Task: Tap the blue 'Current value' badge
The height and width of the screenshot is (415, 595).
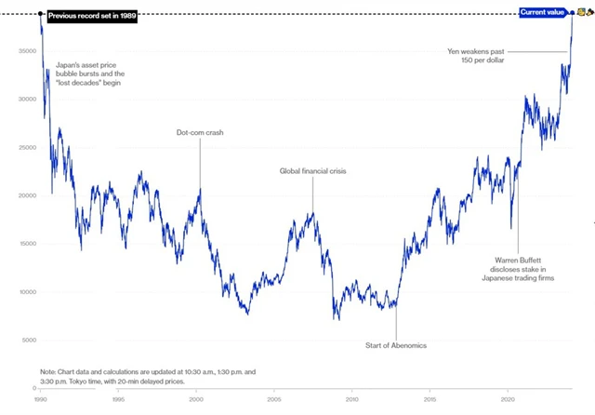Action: pos(541,12)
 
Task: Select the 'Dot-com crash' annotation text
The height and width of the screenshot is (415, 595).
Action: pos(200,132)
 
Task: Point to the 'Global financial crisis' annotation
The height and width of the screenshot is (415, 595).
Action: pos(314,170)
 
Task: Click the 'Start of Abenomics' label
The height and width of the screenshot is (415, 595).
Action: pos(395,346)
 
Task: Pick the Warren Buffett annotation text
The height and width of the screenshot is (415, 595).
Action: pos(518,268)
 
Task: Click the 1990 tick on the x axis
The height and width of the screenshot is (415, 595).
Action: pos(40,398)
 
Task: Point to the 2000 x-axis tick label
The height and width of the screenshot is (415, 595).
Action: pos(196,398)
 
